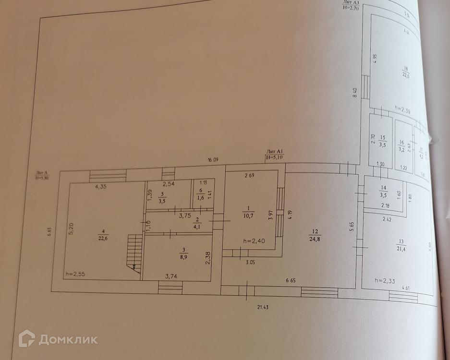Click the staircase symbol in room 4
(135, 252)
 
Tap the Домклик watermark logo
(58, 339)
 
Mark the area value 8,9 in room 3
(183, 257)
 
